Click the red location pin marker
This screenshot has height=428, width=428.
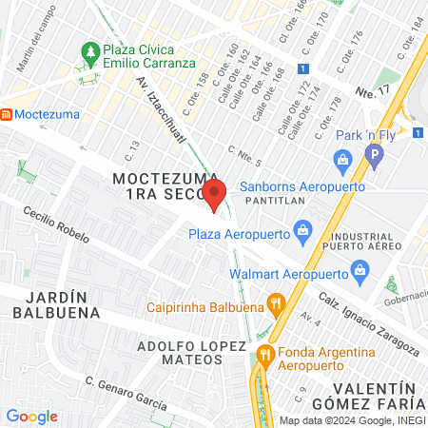pyautogui.click(x=215, y=195)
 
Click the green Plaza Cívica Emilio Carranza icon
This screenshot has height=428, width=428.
pyautogui.click(x=91, y=49)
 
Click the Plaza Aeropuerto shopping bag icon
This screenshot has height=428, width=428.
pyautogui.click(x=303, y=229)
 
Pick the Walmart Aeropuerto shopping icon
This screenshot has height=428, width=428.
pyautogui.click(x=360, y=270)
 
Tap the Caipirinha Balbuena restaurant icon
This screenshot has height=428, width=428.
pyautogui.click(x=277, y=305)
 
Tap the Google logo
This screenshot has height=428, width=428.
pyautogui.click(x=31, y=416)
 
